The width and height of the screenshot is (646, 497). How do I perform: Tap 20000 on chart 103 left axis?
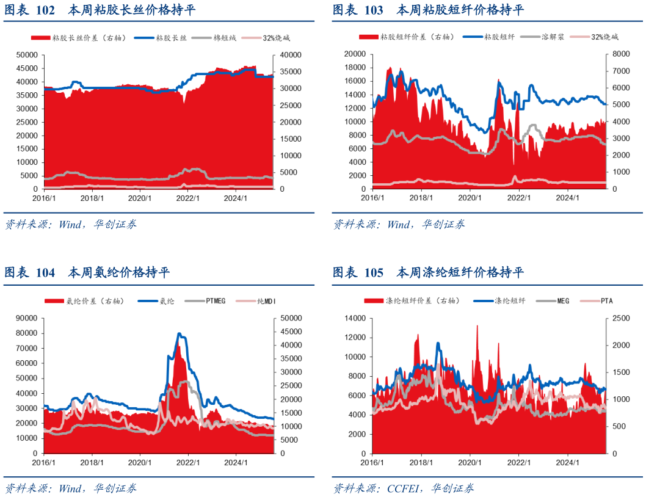click(355, 54)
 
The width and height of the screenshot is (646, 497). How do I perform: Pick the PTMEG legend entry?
click(216, 301)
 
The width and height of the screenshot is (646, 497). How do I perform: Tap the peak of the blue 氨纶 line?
click(180, 333)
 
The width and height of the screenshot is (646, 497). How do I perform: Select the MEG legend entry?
click(562, 300)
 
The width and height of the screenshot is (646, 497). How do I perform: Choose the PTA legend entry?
click(606, 300)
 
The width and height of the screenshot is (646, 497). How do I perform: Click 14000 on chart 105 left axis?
click(355, 318)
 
